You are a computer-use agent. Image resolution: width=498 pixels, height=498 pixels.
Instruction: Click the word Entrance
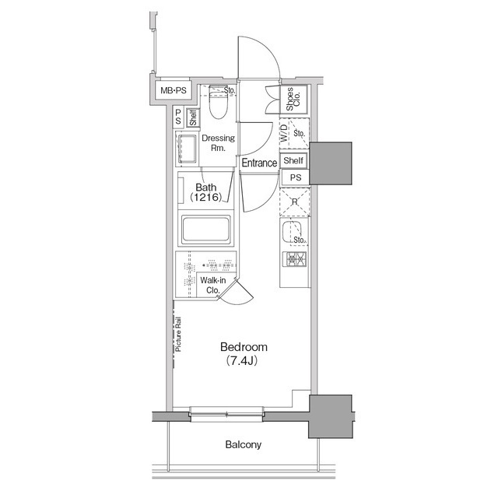pyautogui.click(x=259, y=163)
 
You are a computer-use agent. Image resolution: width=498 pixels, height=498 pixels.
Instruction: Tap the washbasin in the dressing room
pyautogui.click(x=187, y=147)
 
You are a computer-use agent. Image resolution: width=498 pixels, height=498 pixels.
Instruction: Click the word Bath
pyautogui.click(x=205, y=188)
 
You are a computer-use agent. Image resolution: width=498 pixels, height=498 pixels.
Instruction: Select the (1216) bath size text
pyautogui.click(x=205, y=199)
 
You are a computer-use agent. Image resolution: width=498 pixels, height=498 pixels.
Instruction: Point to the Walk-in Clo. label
pyautogui.click(x=211, y=286)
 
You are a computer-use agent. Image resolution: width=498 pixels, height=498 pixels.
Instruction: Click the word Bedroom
pyautogui.click(x=244, y=347)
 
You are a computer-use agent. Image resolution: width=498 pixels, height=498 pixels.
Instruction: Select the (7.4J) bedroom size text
pyautogui.click(x=244, y=361)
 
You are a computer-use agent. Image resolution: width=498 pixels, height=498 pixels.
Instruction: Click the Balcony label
pyautogui.click(x=244, y=445)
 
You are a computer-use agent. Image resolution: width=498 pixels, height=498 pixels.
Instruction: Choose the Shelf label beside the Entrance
pyautogui.click(x=293, y=161)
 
